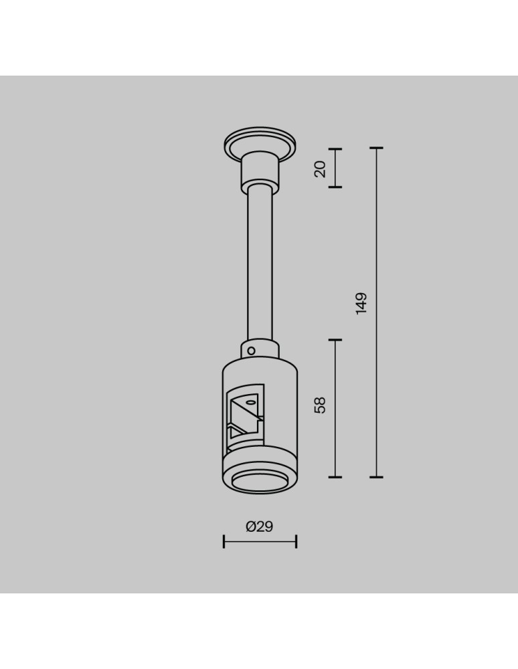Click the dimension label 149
tap(361, 303)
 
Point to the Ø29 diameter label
tap(260, 527)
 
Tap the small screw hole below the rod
tap(252, 349)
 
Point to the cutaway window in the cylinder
tap(246, 415)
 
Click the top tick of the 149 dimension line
tap(376, 148)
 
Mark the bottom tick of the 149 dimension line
tap(376, 477)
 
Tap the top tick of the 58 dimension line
tap(335, 340)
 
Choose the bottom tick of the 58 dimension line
tap(335, 477)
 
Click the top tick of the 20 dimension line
tap(335, 149)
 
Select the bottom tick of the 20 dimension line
tap(335, 187)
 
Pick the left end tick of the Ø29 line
tap(224, 541)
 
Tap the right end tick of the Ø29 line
tap(296, 541)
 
